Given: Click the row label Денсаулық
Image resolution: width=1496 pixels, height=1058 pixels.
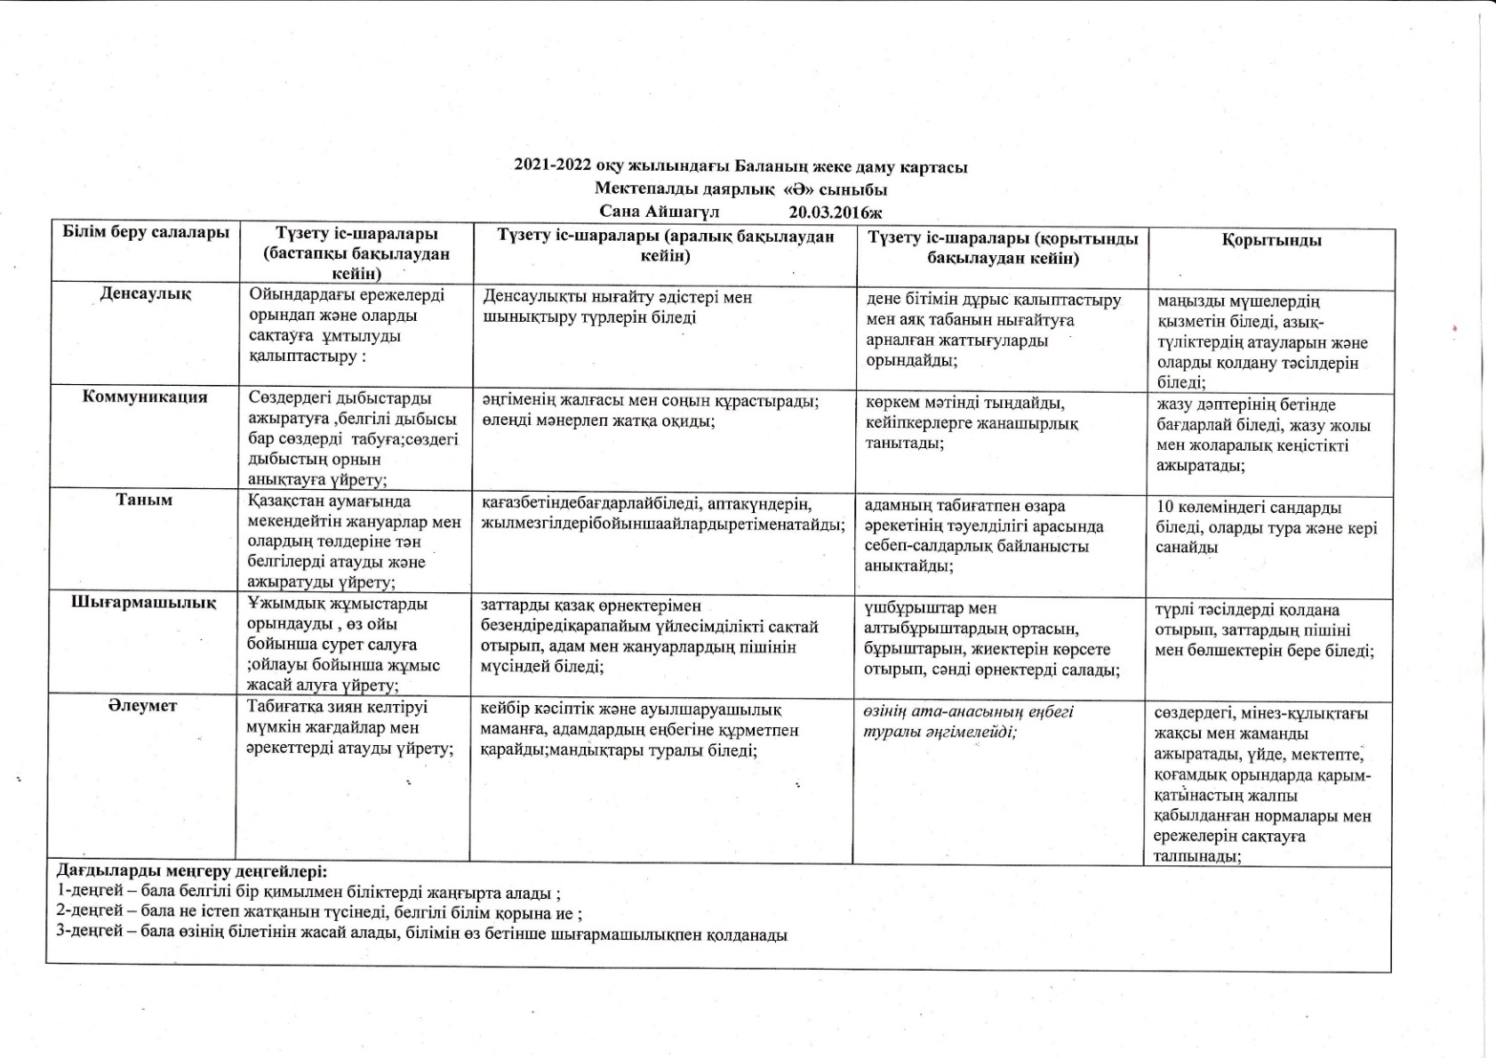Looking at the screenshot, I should [145, 293].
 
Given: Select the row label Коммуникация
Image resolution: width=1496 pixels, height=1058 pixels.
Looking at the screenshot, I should [145, 397].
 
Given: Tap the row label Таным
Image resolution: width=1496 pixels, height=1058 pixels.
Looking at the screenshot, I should [144, 500].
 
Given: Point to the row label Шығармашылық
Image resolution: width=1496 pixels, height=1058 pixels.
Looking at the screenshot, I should [144, 603].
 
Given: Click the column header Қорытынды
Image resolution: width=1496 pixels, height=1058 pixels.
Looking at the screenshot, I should [1271, 241].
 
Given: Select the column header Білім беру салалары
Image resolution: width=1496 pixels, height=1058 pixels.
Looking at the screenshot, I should [146, 233].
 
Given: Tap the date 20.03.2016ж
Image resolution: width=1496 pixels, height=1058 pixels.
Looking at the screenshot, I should [835, 212].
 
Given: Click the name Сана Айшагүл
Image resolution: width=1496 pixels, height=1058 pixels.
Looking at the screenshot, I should [659, 212].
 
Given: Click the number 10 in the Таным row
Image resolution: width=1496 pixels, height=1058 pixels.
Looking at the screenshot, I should [1165, 508].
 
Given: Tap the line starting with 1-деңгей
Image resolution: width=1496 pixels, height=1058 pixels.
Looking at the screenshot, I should [308, 893].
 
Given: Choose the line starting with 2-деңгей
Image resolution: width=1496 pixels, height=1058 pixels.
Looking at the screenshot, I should [319, 913].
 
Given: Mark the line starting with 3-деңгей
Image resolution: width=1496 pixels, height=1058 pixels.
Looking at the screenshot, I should [421, 934].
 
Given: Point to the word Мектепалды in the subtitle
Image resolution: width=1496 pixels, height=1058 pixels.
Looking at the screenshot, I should [636, 189].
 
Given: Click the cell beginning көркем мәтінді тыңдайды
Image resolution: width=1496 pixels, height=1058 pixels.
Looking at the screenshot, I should [972, 423].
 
